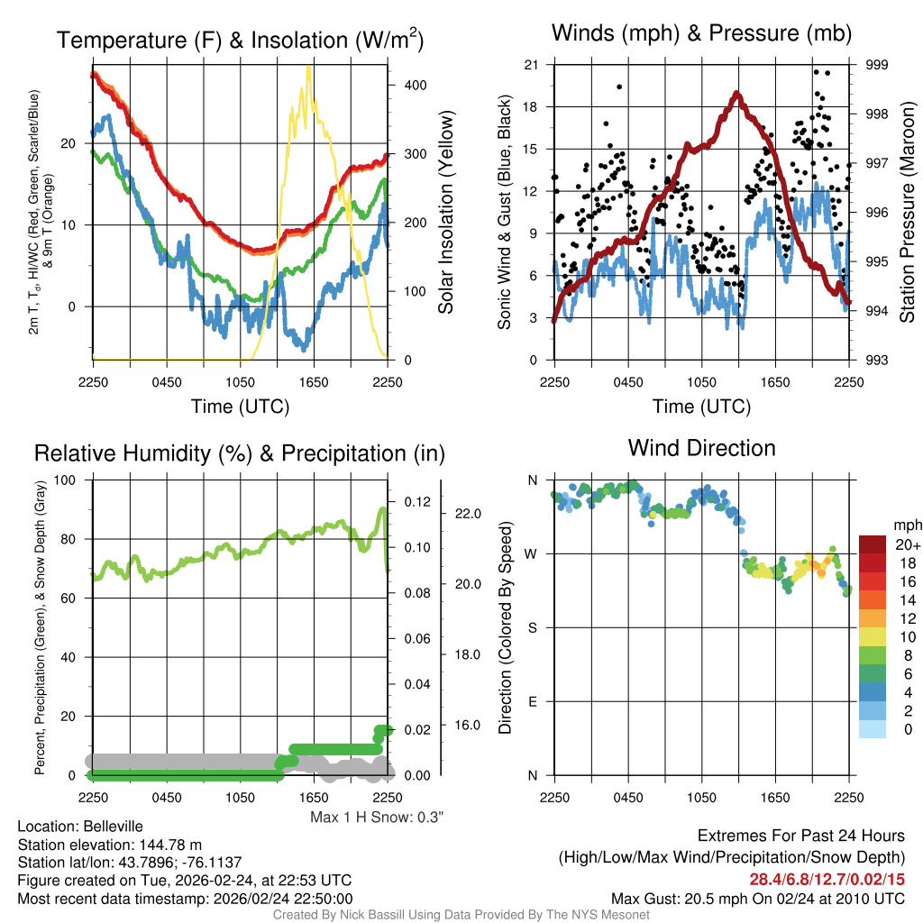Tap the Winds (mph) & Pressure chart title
(x=702, y=34)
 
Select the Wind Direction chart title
(x=701, y=448)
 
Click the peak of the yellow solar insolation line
(x=309, y=68)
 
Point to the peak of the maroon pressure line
(x=737, y=93)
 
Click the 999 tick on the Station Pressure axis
(x=877, y=65)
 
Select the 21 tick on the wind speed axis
(x=531, y=65)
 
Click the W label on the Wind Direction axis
(x=531, y=554)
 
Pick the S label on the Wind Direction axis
(x=531, y=628)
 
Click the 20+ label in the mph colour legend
(x=907, y=545)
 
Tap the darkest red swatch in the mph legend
(x=873, y=544)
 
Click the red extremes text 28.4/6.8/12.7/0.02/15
(x=827, y=879)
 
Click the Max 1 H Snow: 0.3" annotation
(x=377, y=818)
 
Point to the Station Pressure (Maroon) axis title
(x=907, y=211)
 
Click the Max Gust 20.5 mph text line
(x=757, y=899)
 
